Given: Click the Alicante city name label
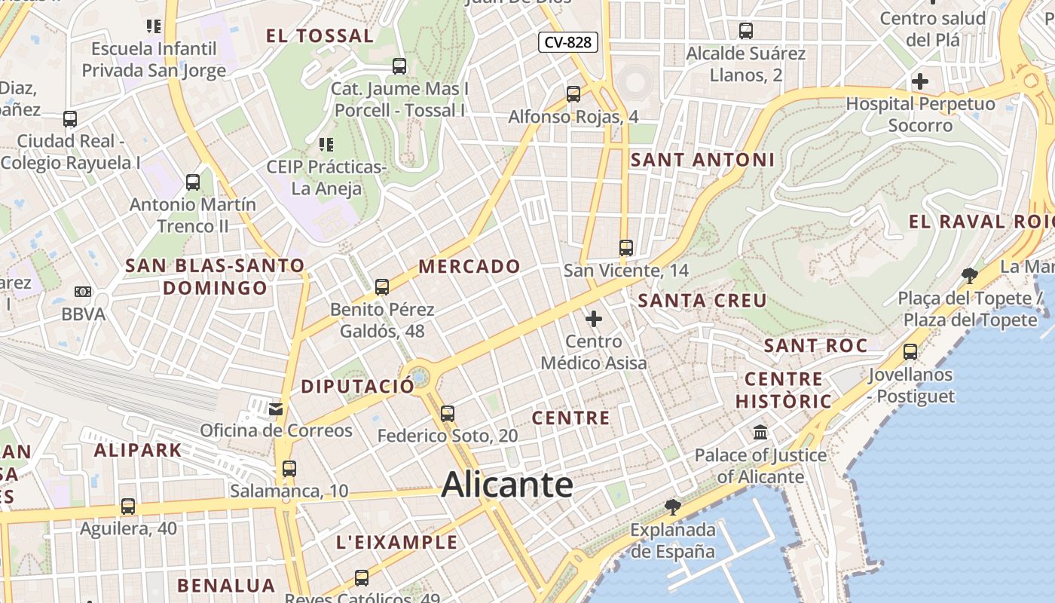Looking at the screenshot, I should click(507, 485).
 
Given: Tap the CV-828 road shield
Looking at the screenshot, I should click(568, 42).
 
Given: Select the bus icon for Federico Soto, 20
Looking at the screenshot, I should click(448, 413).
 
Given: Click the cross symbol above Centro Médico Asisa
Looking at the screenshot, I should click(594, 319).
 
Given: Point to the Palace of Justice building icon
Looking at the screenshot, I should click(760, 433).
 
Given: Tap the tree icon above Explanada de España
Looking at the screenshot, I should click(673, 507).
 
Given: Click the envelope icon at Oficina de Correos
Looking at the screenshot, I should click(276, 409).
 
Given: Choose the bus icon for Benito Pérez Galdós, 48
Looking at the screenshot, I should click(382, 286).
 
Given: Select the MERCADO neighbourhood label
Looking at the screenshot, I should click(469, 266).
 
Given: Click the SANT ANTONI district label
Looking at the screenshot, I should click(702, 160).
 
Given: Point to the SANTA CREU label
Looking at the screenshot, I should click(702, 301).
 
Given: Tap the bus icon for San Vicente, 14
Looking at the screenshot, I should click(625, 247).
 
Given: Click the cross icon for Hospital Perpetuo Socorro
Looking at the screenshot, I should click(919, 81).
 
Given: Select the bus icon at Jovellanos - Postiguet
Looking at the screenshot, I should click(910, 351).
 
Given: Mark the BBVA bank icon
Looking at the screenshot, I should click(83, 292).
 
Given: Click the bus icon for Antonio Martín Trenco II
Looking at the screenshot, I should click(193, 182).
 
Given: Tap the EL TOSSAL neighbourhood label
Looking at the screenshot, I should click(320, 35).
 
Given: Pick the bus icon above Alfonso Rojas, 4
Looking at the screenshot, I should click(573, 94).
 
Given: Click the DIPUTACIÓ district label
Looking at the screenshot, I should click(357, 387).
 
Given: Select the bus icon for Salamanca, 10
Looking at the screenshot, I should click(289, 468).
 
